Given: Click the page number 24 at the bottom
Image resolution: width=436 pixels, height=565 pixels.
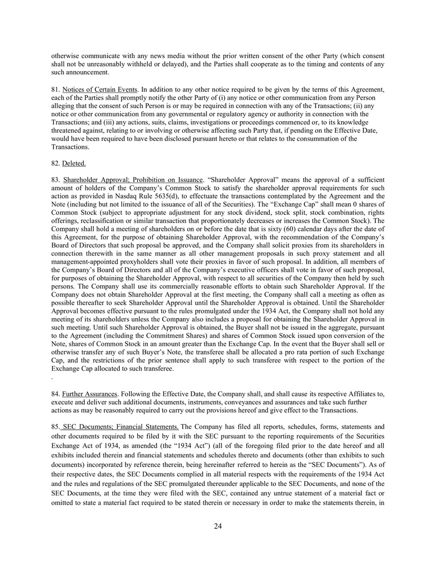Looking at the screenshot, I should point(218,526).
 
